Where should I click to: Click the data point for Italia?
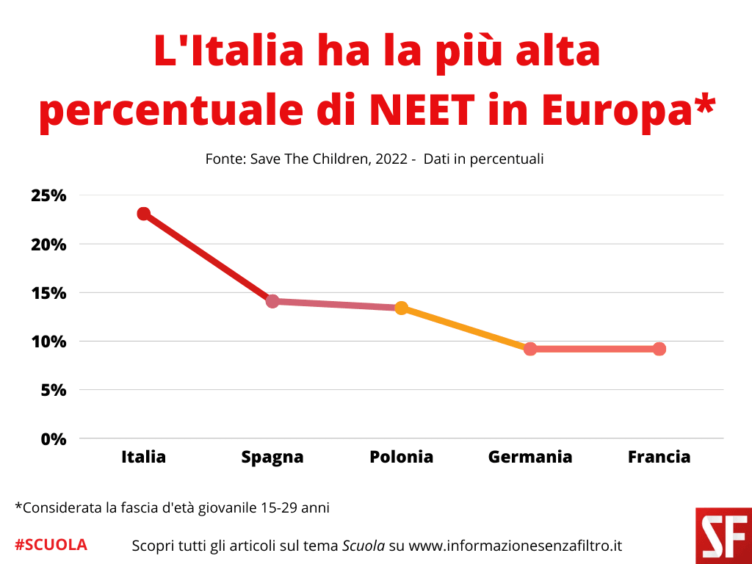tap(144, 214)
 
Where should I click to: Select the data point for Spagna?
tap(272, 301)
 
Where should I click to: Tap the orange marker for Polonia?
tap(401, 308)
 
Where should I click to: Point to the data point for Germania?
tap(530, 349)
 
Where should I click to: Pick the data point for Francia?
tap(659, 349)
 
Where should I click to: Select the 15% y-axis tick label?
tap(49, 293)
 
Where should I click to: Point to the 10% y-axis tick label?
tap(49, 341)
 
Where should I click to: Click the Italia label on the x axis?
tap(144, 457)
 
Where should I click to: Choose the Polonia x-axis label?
tap(401, 457)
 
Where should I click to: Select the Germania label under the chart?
tap(530, 457)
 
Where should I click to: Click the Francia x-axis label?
tap(659, 457)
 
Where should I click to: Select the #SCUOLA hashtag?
tap(51, 545)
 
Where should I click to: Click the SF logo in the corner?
tap(723, 535)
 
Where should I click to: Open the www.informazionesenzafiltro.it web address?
tap(515, 546)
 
